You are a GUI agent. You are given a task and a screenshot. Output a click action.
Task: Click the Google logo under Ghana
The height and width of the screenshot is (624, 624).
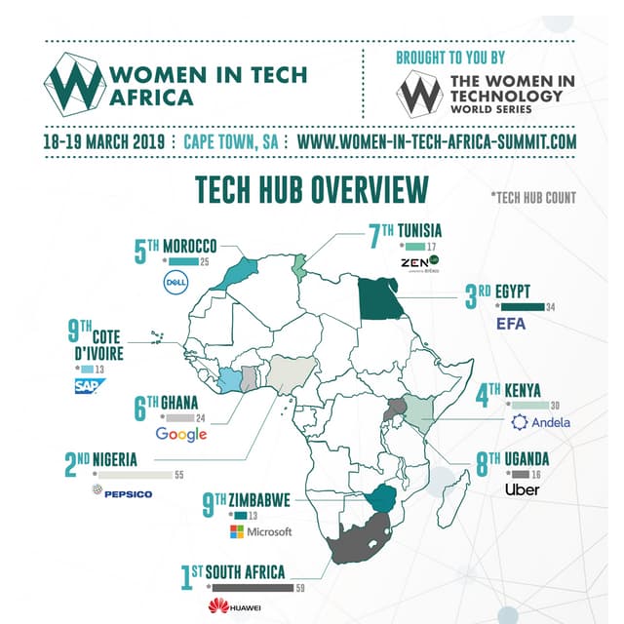[x=181, y=434]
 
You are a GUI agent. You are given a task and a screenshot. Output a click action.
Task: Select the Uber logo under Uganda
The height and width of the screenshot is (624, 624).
[x=523, y=489]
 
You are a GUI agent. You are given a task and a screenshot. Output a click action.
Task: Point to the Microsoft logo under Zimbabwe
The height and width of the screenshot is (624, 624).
[x=260, y=531]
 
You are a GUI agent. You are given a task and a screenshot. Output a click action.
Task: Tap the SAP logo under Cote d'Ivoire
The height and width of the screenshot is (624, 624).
[x=88, y=387]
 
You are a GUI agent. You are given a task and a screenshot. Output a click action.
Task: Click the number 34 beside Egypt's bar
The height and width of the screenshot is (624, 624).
[x=551, y=308]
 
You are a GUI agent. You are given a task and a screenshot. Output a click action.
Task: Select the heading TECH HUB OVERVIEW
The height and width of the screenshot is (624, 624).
[x=312, y=189]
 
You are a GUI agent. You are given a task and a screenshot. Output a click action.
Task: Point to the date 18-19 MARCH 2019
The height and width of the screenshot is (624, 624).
[x=104, y=141]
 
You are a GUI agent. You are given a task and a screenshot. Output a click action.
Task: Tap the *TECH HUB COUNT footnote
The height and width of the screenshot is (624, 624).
[x=533, y=197]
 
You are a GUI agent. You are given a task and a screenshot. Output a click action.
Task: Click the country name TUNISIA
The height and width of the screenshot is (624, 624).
[x=418, y=230]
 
